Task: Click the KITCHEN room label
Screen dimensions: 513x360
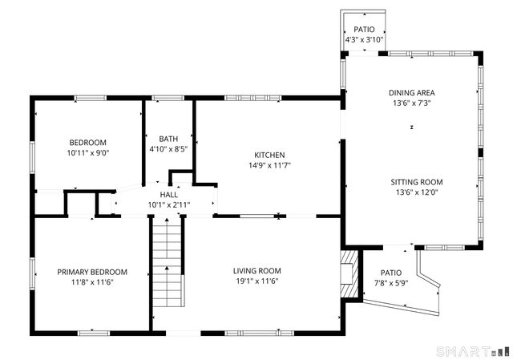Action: point(269,155)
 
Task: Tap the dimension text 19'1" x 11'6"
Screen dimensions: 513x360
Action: point(257,281)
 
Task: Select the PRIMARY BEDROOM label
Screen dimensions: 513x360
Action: point(92,272)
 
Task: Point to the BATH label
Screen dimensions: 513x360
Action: point(168,139)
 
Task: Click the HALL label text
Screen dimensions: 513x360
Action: point(169,195)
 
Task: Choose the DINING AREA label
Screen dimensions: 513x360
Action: point(411,93)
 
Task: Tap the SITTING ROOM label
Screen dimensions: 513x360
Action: point(417,182)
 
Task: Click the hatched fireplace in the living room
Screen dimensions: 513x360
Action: point(349,274)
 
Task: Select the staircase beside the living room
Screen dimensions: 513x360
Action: point(167,262)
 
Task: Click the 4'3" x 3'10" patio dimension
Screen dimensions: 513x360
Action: point(364,40)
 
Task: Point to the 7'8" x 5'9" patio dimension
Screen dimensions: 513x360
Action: point(391,283)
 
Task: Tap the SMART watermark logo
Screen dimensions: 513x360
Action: point(473,351)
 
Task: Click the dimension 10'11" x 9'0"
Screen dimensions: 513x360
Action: point(88,153)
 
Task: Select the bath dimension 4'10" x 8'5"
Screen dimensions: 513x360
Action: point(168,149)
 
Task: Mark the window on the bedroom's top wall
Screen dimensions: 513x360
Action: point(91,98)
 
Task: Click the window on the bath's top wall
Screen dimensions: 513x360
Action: point(168,98)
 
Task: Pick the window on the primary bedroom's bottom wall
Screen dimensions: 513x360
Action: point(94,334)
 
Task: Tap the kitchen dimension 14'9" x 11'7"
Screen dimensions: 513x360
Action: point(269,165)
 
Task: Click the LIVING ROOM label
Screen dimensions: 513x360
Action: point(257,271)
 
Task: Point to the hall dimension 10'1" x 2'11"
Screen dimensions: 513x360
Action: point(169,205)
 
